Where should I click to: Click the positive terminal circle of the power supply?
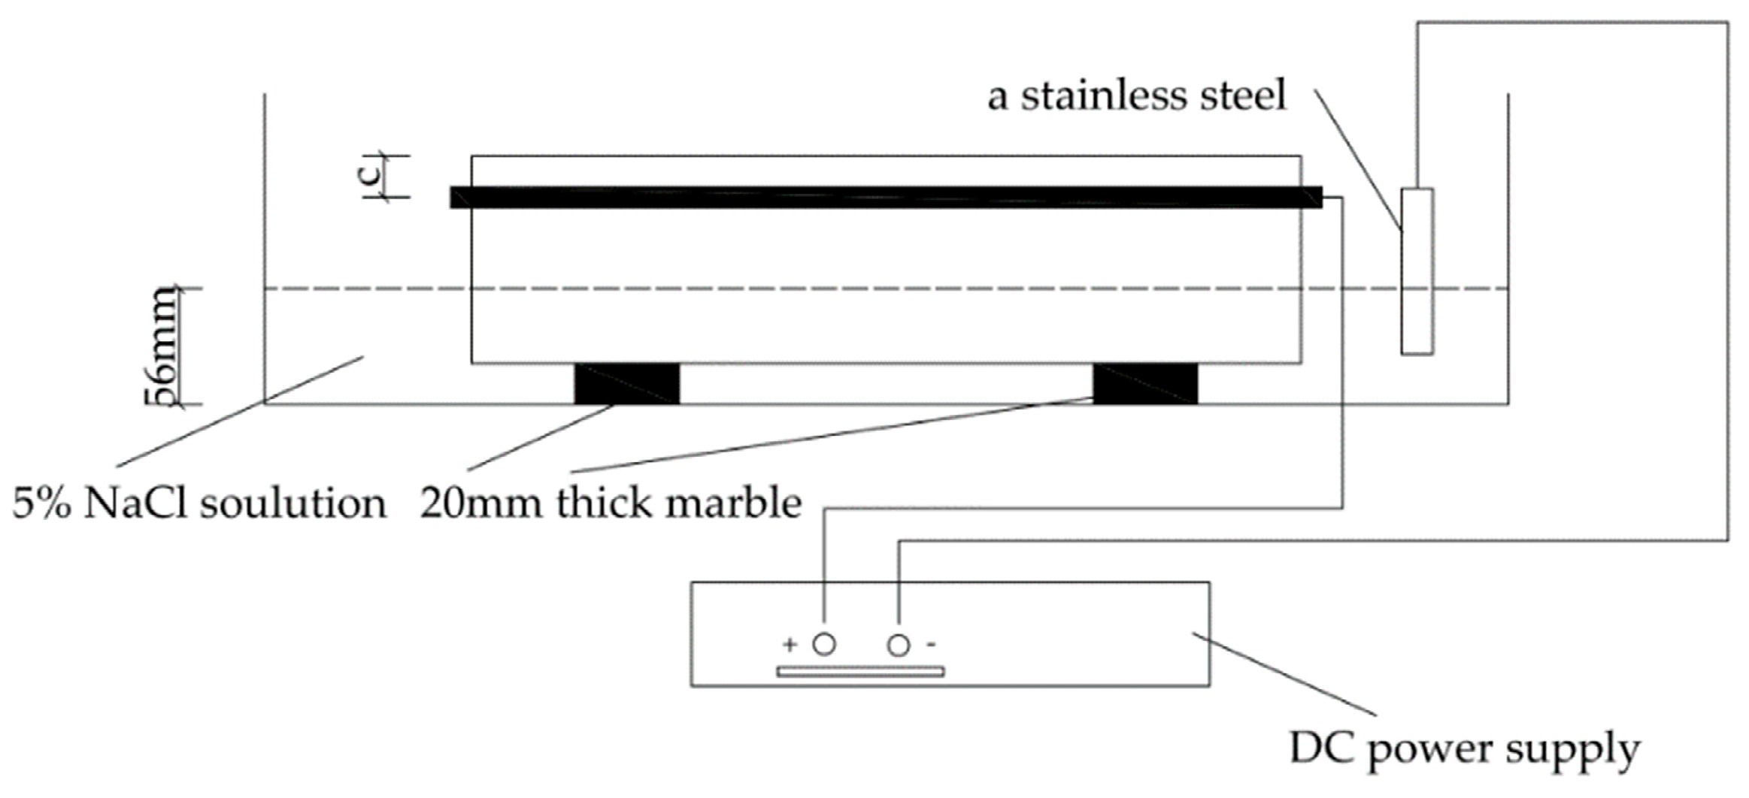coord(824,644)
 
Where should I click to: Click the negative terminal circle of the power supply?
coord(898,645)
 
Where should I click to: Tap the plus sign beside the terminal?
coord(790,644)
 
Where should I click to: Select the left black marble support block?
coord(626,384)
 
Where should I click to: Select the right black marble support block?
coord(1144,384)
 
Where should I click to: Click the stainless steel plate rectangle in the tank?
coord(1417,271)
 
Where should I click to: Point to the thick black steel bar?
coord(886,197)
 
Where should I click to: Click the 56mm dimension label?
coord(162,346)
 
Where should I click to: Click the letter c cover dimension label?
coord(369,174)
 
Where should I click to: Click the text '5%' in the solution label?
coord(41,503)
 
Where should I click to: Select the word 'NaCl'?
coord(135,503)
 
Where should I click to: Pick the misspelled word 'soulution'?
coord(293,503)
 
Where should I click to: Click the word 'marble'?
coord(733,503)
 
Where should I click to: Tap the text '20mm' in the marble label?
coord(481,503)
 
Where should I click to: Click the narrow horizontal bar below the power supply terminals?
coord(860,671)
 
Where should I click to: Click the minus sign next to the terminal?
coord(931,644)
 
